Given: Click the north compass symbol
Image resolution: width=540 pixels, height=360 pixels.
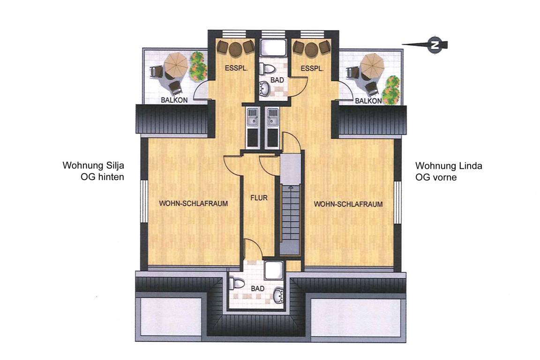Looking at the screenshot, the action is (435, 45).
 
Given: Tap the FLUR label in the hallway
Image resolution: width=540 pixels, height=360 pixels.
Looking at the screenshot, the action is (259, 198).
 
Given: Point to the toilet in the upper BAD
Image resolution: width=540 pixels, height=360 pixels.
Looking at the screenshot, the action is (267, 68).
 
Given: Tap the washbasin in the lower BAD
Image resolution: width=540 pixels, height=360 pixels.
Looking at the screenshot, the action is (278, 296).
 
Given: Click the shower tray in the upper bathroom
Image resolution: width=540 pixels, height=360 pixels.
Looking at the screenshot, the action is (274, 48).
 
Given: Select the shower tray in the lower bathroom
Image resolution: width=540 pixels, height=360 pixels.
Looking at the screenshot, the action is (275, 270).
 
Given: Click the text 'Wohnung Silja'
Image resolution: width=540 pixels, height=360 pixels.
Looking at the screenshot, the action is (93, 166).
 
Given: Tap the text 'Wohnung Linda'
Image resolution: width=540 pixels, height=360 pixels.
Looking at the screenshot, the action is (449, 166).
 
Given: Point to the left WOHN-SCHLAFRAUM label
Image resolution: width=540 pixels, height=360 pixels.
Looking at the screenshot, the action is (194, 203).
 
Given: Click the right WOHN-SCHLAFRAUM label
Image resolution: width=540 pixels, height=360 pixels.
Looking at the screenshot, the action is (348, 204).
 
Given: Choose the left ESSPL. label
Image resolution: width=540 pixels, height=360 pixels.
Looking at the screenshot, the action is (236, 68).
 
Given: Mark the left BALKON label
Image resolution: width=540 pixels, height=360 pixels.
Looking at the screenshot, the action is (174, 100).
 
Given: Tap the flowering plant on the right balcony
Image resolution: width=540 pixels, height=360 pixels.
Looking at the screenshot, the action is (391, 90).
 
